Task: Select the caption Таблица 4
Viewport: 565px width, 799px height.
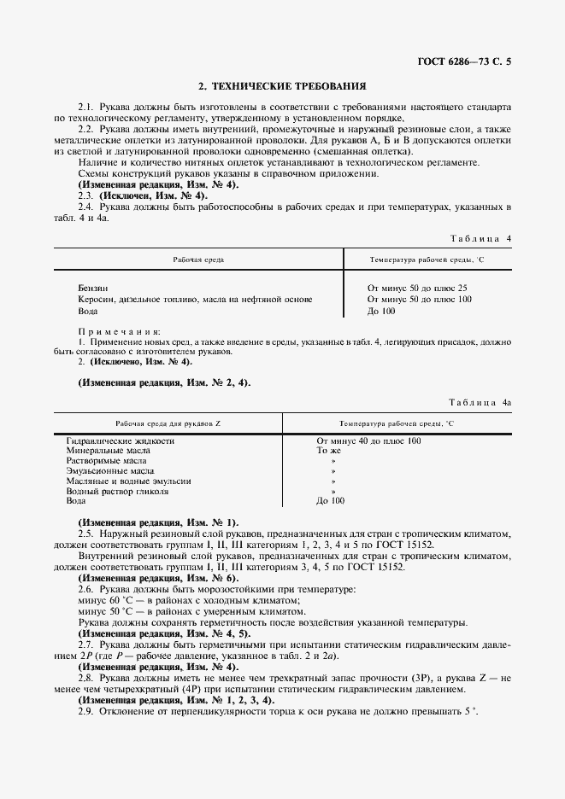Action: (480, 238)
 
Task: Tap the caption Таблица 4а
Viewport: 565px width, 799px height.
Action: (479, 400)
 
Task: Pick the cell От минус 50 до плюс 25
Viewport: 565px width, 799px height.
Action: (416, 289)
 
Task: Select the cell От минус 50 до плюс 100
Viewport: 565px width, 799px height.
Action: (419, 300)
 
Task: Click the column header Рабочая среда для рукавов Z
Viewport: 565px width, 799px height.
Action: (168, 423)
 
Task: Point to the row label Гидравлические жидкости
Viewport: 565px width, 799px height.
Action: (120, 440)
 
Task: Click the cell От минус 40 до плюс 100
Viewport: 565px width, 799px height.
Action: (368, 440)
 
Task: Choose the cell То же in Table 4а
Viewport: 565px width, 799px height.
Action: (329, 450)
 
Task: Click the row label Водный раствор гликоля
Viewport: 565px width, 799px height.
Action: (117, 491)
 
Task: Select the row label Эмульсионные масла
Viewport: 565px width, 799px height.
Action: (110, 470)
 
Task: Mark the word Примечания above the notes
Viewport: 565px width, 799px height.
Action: (120, 330)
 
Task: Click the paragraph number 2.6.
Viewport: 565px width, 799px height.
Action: (86, 590)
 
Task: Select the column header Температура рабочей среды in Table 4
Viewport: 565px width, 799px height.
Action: (426, 258)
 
